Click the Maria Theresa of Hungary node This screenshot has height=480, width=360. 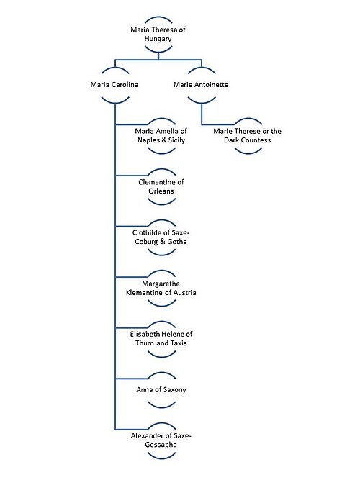tap(158, 34)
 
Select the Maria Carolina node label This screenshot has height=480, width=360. tap(114, 84)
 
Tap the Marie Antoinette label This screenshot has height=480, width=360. tap(201, 84)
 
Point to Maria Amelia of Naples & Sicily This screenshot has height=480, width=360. tap(161, 135)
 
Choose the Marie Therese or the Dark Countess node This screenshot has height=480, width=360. tap(248, 135)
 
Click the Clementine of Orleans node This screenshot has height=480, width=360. tap(161, 186)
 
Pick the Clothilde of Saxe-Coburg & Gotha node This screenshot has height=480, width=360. tap(161, 237)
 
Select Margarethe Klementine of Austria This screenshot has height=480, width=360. tap(161, 288)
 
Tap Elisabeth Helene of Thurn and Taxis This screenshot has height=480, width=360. tap(161, 339)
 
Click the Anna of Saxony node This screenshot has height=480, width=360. tap(161, 390)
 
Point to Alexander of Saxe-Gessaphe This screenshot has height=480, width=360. tap(161, 440)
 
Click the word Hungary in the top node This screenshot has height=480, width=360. tap(158, 39)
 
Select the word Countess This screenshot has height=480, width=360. tap(256, 140)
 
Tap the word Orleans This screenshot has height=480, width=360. tap(161, 191)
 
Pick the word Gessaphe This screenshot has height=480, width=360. tap(161, 445)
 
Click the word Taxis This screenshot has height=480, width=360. tap(179, 343)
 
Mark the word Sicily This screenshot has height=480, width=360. tap(177, 140)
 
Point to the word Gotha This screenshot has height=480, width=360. tap(177, 242)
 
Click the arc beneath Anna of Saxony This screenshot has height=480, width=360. tap(161, 404)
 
